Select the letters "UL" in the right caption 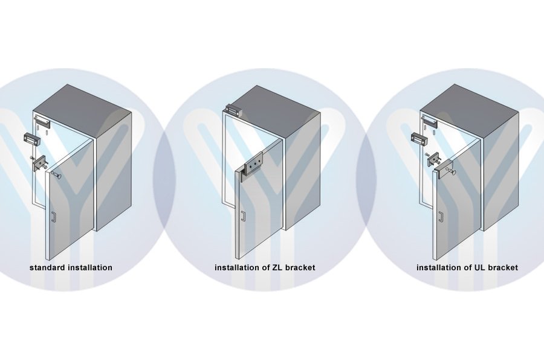(x=479, y=267)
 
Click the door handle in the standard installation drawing (x=53, y=217)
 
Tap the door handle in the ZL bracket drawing (x=244, y=216)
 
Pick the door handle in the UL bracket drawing (x=440, y=217)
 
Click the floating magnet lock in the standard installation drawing (x=32, y=139)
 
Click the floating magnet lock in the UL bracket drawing (x=419, y=138)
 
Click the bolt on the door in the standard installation (x=57, y=174)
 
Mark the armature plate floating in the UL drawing (x=433, y=159)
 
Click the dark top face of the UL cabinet (x=470, y=112)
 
